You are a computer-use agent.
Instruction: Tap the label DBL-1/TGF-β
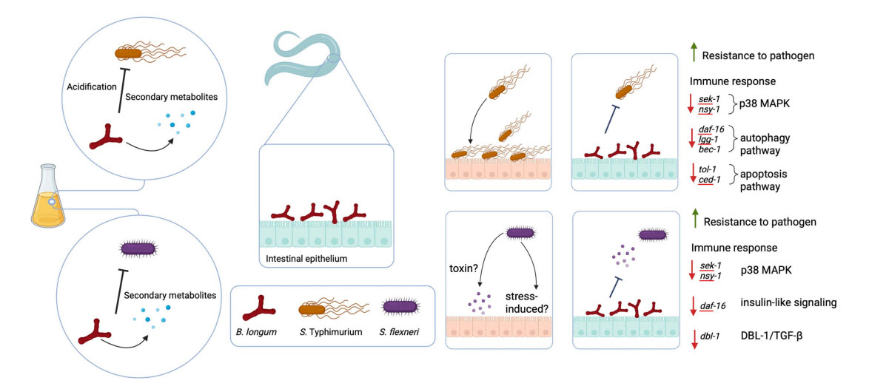[x=776, y=335]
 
